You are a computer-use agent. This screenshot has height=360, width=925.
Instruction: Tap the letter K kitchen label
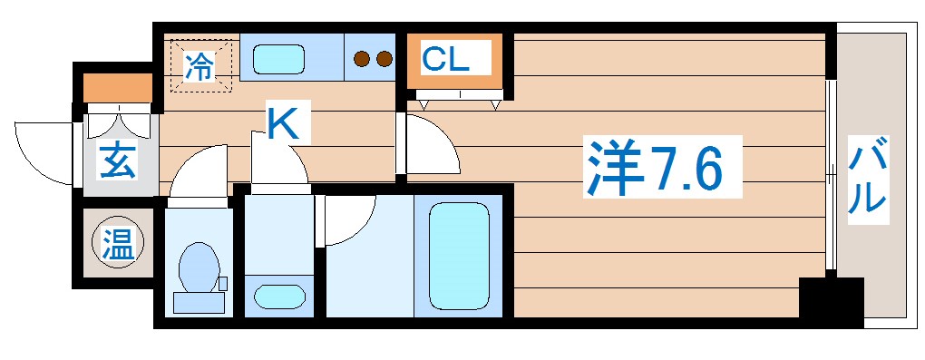[281, 122]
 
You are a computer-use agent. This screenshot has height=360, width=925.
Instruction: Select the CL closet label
[445, 60]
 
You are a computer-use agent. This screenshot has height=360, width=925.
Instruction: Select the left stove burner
[363, 60]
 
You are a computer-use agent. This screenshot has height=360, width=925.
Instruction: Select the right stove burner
[384, 60]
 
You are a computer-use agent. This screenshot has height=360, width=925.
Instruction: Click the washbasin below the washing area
[277, 296]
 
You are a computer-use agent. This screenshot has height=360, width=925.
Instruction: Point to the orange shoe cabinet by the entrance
[118, 88]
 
